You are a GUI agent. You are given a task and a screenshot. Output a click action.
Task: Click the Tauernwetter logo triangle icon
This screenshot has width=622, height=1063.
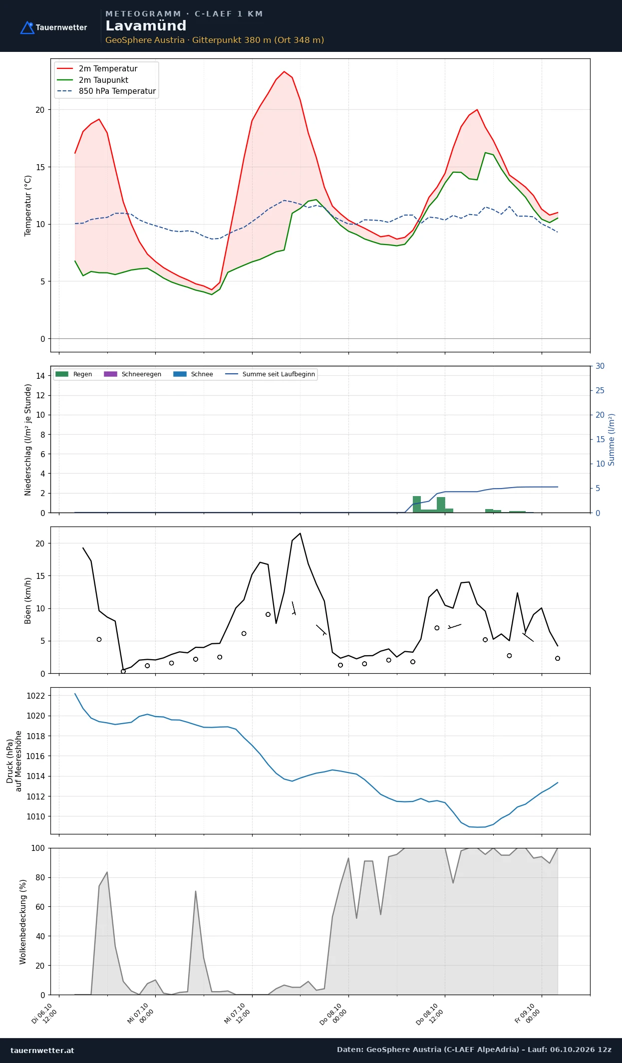coord(27,28)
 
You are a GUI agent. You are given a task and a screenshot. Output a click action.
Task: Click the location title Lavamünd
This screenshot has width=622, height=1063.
coord(146,26)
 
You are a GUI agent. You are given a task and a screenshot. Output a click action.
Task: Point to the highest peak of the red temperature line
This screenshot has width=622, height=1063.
coord(284,71)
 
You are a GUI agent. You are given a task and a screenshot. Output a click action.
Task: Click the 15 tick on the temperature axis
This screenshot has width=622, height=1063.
coord(40,167)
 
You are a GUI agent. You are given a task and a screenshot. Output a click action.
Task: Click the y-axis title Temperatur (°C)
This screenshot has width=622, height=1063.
coord(28,205)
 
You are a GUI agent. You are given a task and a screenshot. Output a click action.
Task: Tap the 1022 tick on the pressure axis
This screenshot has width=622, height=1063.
coord(35,696)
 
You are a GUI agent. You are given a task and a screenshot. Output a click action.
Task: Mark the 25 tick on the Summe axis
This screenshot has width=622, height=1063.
coord(600,390)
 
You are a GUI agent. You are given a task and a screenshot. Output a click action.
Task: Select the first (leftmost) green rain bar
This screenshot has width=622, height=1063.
coord(417,504)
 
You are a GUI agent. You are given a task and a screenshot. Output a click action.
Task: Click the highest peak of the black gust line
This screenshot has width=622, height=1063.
coord(300,533)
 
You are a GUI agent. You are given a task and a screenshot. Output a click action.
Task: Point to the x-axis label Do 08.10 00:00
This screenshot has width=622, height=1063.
coord(332,1014)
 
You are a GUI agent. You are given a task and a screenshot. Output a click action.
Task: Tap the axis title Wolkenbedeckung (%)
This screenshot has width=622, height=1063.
coord(23,922)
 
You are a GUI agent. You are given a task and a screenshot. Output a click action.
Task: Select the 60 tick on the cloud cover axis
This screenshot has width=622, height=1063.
coord(40,907)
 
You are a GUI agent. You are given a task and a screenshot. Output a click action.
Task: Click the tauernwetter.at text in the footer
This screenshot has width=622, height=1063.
coord(42,1050)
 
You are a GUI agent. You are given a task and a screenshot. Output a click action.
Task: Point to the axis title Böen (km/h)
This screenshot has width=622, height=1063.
coord(28,600)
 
